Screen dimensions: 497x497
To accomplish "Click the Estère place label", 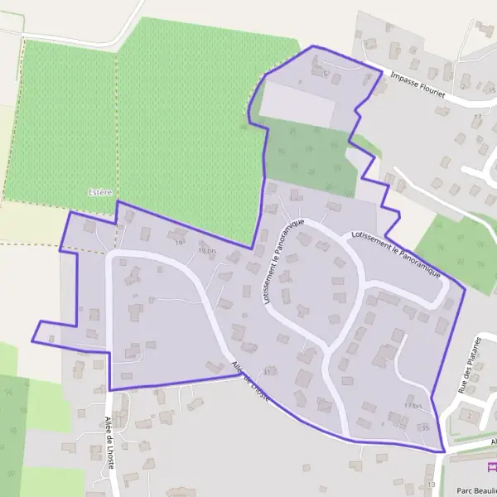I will point(99,192).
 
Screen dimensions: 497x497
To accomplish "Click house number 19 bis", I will point(207,250).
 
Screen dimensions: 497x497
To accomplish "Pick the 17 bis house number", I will point(413,406).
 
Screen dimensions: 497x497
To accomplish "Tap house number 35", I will point(425,427).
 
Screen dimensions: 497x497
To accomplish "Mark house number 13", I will point(431,483).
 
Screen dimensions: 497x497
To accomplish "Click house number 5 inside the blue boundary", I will point(326,75).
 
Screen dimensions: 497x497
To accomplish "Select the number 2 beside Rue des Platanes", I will point(469,414).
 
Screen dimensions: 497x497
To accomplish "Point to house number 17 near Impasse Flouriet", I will point(477,118).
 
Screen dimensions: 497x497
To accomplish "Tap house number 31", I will point(266,371).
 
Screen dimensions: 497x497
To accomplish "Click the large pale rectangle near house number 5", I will point(297,104).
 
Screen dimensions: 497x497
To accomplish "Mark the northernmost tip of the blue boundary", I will point(313,46).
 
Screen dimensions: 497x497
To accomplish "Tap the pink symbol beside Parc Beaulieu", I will point(490,467).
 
